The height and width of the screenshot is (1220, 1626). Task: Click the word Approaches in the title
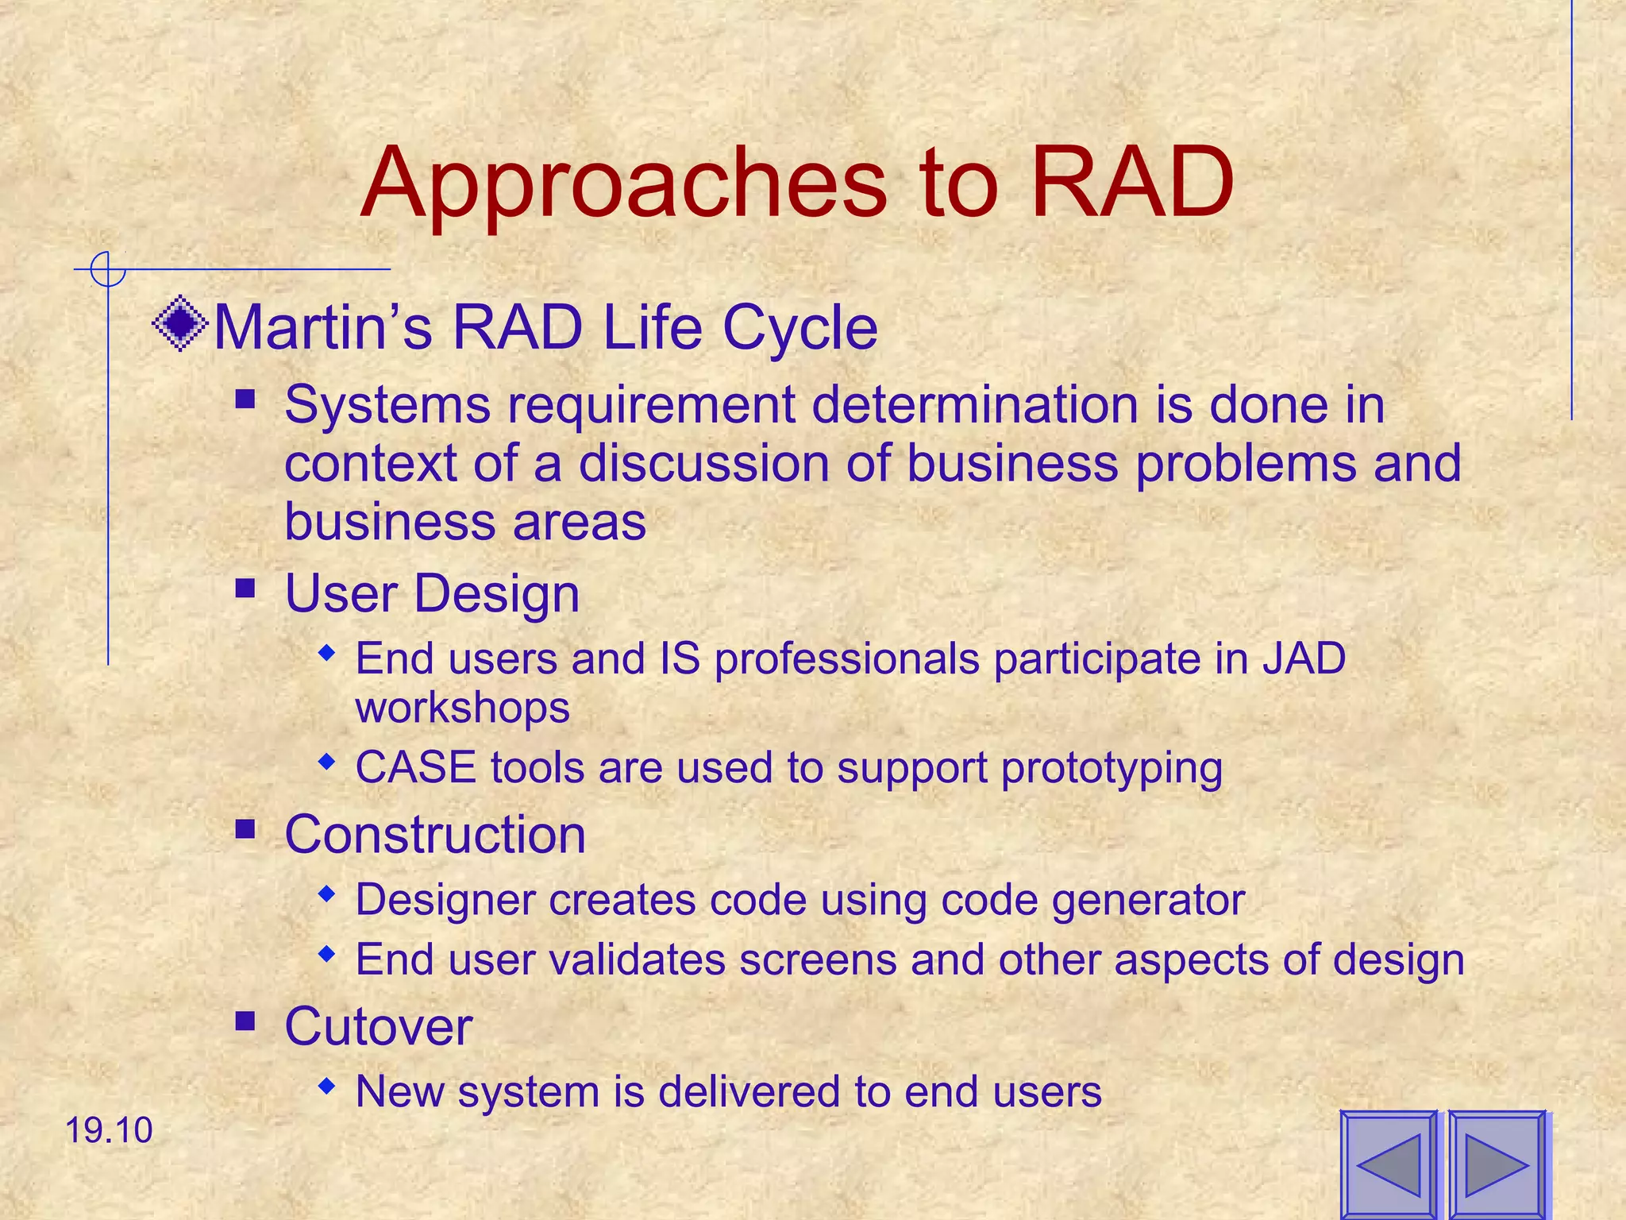click(623, 184)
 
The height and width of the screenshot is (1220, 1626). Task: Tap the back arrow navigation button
click(1389, 1164)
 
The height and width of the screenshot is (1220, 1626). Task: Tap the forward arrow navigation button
click(1496, 1164)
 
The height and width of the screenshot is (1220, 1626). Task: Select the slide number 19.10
click(108, 1130)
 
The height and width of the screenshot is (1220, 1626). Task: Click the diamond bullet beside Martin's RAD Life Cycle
click(180, 323)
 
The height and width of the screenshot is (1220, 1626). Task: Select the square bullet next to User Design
click(245, 589)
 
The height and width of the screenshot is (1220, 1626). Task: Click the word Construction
click(435, 835)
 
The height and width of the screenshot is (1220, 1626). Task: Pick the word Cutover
click(378, 1026)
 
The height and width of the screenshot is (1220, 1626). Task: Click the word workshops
click(462, 707)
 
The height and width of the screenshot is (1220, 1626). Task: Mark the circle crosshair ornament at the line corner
click(107, 269)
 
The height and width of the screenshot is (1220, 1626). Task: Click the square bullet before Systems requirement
click(245, 398)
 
